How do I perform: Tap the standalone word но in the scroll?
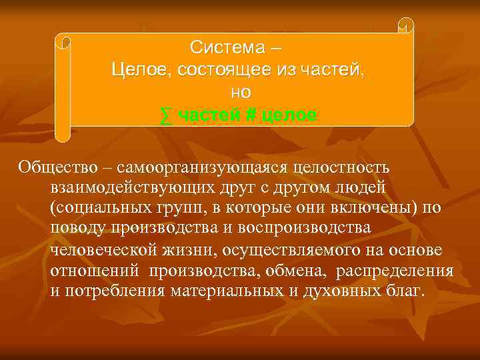coord(241,93)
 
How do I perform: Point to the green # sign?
coord(251,115)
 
